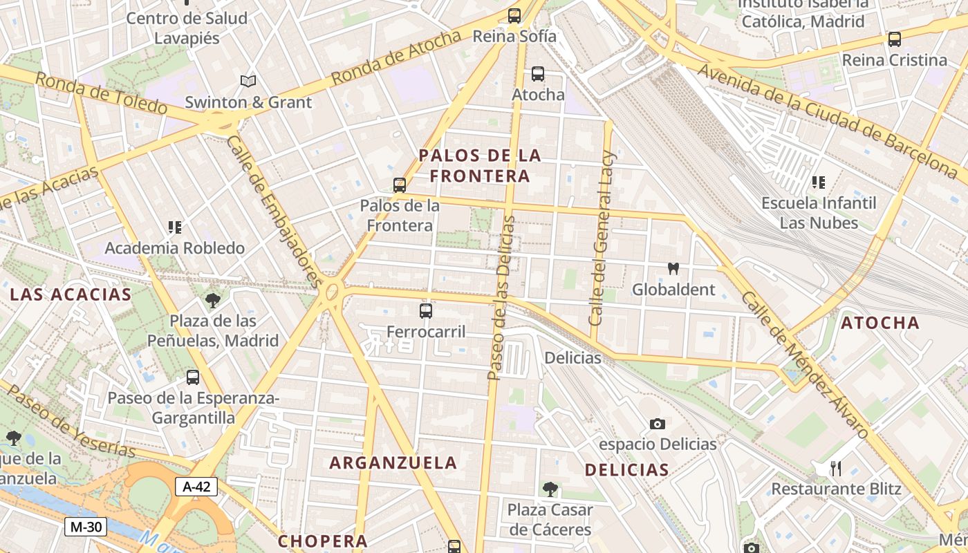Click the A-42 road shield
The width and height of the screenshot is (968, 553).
tap(196, 487)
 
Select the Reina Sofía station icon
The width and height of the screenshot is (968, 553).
tap(514, 16)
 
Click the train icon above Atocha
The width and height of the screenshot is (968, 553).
tap(538, 74)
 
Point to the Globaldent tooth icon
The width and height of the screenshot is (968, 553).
tap(673, 269)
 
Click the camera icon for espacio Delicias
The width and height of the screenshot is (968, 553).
tap(657, 424)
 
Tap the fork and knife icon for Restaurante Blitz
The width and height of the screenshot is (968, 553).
tap(836, 469)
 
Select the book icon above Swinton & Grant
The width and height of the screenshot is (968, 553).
tap(248, 82)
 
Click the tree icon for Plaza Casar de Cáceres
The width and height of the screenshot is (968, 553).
tap(550, 489)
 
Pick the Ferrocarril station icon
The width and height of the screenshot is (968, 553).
tap(426, 311)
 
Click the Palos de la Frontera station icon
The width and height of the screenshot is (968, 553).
tap(399, 185)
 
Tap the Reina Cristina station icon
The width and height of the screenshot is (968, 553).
tap(894, 39)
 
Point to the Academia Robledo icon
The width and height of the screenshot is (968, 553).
tap(174, 227)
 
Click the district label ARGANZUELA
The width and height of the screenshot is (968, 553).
tap(393, 463)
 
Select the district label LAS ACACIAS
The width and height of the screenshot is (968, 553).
tap(71, 294)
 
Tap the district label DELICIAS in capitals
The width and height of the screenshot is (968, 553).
tap(626, 470)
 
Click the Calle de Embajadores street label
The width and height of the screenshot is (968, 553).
tap(274, 211)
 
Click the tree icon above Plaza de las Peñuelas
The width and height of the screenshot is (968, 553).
tap(213, 301)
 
